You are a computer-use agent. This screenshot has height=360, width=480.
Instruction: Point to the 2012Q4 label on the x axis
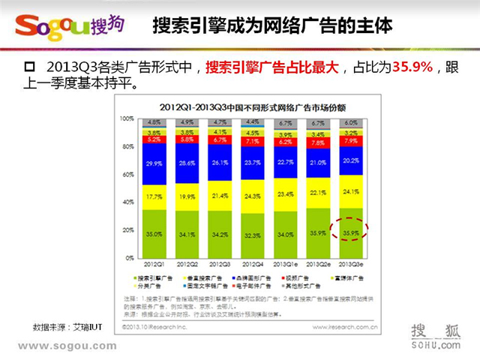click(254, 265)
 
